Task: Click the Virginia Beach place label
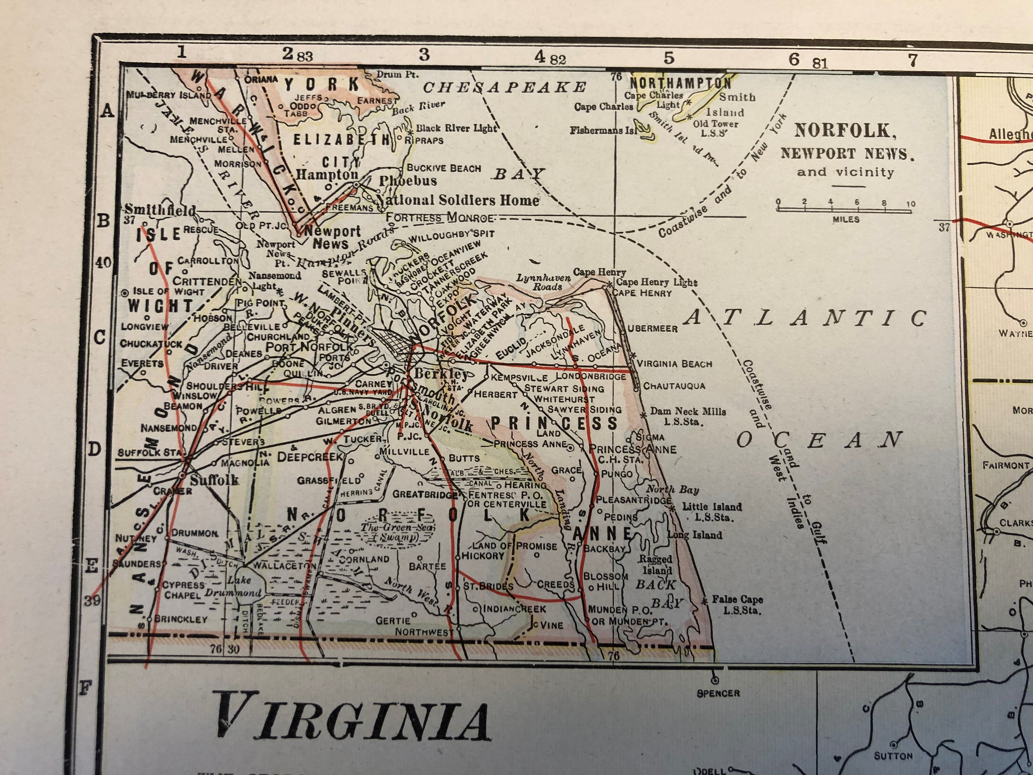(674, 364)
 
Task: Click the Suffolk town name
(215, 480)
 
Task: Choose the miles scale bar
(844, 210)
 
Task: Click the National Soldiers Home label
(457, 200)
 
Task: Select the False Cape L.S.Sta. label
(737, 604)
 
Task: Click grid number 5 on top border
(669, 58)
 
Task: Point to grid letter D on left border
(95, 449)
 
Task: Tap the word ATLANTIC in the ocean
(806, 319)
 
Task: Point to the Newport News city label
(332, 237)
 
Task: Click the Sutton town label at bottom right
(893, 756)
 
